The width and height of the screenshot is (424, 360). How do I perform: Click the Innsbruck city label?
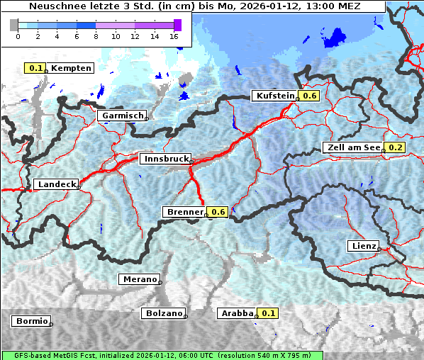[x=164, y=159]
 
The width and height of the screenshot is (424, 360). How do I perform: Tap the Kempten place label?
[x=70, y=68]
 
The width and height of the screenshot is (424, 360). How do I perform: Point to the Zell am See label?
[x=352, y=147]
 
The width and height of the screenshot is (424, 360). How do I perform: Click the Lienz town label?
[x=363, y=246]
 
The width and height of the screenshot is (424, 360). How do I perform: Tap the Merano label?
[x=138, y=279]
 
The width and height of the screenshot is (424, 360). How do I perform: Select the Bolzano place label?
[x=163, y=313]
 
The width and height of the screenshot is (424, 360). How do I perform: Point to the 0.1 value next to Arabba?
[x=268, y=313]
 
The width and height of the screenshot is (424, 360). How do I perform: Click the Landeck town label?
[x=56, y=184]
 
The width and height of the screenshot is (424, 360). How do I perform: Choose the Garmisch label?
[x=122, y=116]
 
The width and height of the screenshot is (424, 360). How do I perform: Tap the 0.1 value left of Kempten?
[x=35, y=68]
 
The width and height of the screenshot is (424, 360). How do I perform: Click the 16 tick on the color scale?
[x=174, y=36]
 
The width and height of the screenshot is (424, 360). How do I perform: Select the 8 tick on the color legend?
[x=96, y=36]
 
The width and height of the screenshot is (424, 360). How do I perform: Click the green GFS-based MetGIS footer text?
[x=162, y=355]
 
